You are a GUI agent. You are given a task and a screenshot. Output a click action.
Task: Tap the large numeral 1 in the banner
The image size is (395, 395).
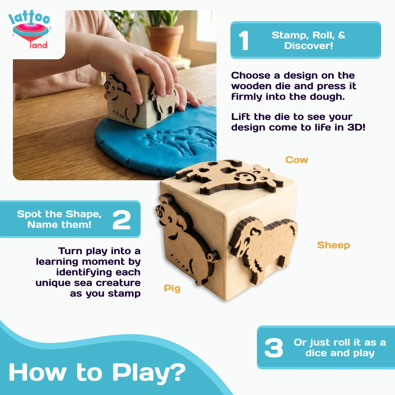click(244, 41)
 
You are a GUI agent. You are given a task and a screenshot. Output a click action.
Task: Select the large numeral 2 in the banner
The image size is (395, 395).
click(122, 220)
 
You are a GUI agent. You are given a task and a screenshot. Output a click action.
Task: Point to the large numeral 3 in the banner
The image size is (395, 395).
click(274, 348)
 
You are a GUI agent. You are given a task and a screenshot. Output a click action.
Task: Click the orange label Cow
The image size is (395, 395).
click(297, 160)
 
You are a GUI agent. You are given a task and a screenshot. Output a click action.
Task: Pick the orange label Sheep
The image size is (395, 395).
click(334, 245)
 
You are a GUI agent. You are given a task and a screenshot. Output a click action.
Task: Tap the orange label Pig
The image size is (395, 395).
click(172, 289)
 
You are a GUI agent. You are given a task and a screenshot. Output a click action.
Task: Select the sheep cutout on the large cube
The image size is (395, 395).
click(263, 248)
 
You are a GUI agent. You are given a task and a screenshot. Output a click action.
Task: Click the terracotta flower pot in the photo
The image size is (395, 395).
click(166, 40)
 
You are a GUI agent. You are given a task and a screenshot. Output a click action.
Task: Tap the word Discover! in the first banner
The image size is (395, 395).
click(309, 46)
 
